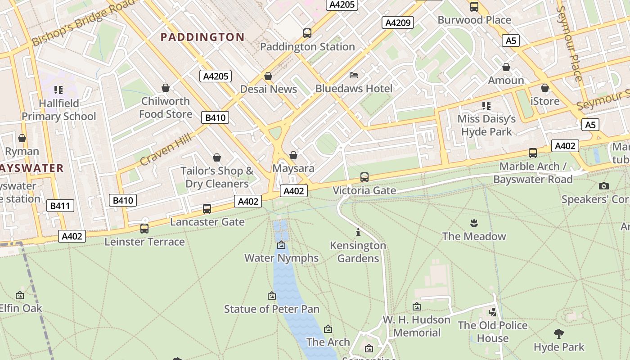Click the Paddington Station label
tap(307, 47)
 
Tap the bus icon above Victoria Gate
tap(364, 177)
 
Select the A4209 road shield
tap(398, 22)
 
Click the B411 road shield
tap(60, 206)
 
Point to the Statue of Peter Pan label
tap(272, 309)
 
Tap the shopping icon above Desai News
tap(268, 76)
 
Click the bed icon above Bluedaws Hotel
tap(354, 75)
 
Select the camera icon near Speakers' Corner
tap(604, 186)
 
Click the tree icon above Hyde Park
tap(559, 334)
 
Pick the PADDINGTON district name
tap(202, 37)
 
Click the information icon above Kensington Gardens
tap(358, 233)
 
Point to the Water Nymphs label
tap(281, 258)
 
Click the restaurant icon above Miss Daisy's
tap(486, 106)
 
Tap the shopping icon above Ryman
tap(22, 138)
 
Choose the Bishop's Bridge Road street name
tap(83, 22)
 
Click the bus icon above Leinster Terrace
tap(144, 229)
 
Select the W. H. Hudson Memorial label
tap(417, 326)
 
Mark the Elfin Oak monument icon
tap(20, 295)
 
